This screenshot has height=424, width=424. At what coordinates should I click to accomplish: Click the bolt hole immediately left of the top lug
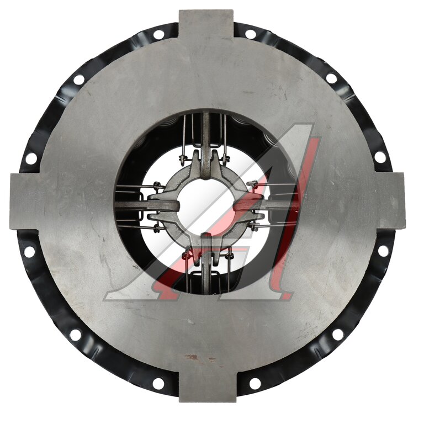(158, 35)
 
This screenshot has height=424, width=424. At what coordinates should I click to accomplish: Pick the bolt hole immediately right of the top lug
(251, 34)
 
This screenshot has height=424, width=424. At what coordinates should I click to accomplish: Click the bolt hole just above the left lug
(31, 158)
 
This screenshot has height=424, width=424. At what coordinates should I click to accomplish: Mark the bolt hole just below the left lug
(29, 252)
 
